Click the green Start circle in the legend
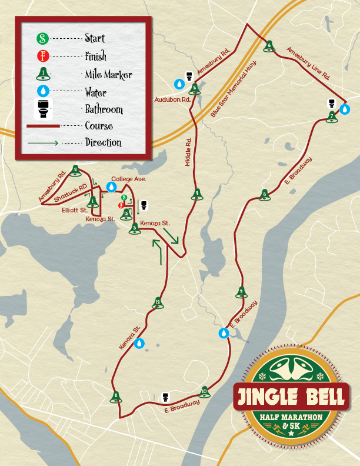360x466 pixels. point(42,39)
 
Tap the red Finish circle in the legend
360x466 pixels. point(42,56)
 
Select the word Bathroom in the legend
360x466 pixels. point(104,109)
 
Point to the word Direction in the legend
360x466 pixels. point(103,142)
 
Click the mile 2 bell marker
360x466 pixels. point(75,171)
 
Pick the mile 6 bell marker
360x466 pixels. point(269,46)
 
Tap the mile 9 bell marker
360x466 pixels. point(241,292)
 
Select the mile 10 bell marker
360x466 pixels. point(204,391)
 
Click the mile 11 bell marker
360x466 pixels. point(116,397)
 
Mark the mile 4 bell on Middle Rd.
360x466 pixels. point(198,194)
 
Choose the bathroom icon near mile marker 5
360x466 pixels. point(189,76)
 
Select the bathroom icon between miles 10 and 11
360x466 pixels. point(166,397)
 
